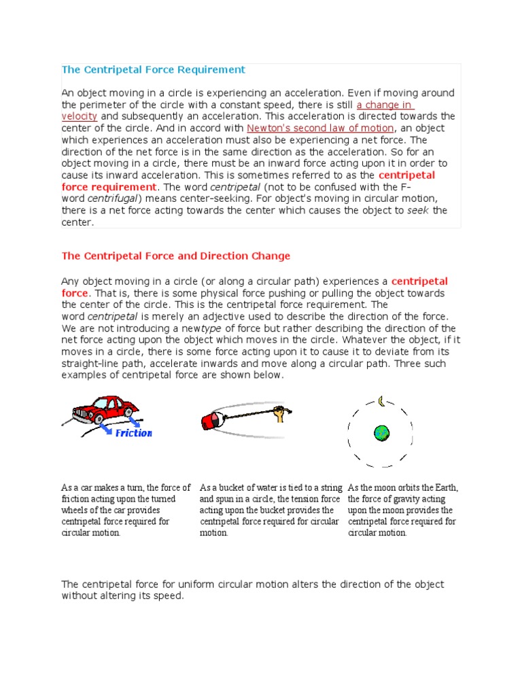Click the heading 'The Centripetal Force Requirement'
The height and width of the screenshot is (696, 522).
[x=153, y=70]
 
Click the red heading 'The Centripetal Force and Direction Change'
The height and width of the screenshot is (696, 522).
[x=175, y=256]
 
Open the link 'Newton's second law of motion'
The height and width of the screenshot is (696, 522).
[x=320, y=128]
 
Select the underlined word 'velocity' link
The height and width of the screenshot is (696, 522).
[x=80, y=116]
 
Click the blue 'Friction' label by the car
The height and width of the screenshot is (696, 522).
[x=133, y=433]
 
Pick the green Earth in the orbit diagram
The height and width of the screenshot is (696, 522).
[x=381, y=432]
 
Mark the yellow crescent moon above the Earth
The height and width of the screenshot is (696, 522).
[x=382, y=402]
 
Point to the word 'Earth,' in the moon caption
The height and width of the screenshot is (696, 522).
[x=445, y=488]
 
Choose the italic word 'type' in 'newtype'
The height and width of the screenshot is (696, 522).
[x=204, y=328]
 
